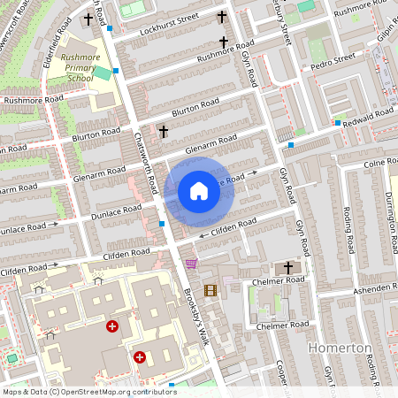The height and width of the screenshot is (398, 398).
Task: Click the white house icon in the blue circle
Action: click(199, 191)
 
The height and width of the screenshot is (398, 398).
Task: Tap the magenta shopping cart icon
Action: click(191, 264)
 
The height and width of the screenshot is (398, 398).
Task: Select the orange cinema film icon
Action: click(210, 289)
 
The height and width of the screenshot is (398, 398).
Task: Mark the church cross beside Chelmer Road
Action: click(288, 267)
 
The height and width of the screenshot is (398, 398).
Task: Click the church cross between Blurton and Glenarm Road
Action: click(163, 132)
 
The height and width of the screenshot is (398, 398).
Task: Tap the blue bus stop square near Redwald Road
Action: click(337, 122)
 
